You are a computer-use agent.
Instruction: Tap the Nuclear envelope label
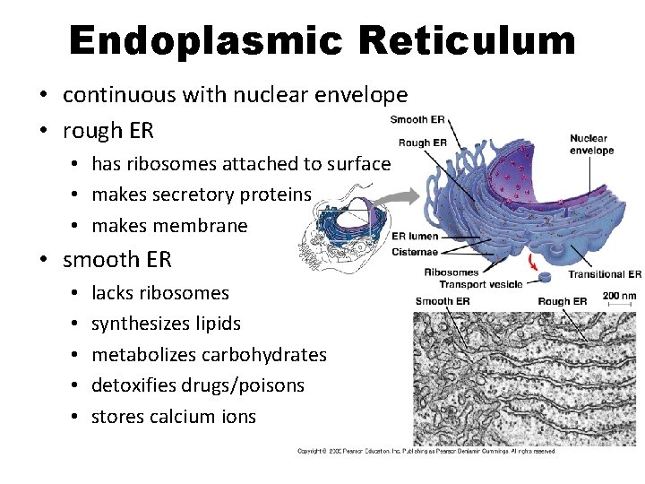(x=591, y=144)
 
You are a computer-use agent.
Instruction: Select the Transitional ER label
(x=605, y=274)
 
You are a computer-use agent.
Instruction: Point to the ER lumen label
(x=415, y=236)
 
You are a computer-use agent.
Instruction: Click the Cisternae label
(x=415, y=251)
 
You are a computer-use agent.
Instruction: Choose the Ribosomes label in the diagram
(x=451, y=272)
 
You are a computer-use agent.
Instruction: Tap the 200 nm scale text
(x=620, y=296)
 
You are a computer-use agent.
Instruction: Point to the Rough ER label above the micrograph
(x=562, y=301)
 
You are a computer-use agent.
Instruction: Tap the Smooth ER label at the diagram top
(x=417, y=120)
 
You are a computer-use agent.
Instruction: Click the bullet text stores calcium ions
(x=173, y=416)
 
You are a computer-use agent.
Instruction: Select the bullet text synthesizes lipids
(x=166, y=324)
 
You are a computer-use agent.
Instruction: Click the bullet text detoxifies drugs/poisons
(x=197, y=385)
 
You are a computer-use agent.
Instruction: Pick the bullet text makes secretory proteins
(x=201, y=194)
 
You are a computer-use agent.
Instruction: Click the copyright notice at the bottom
(x=426, y=451)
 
